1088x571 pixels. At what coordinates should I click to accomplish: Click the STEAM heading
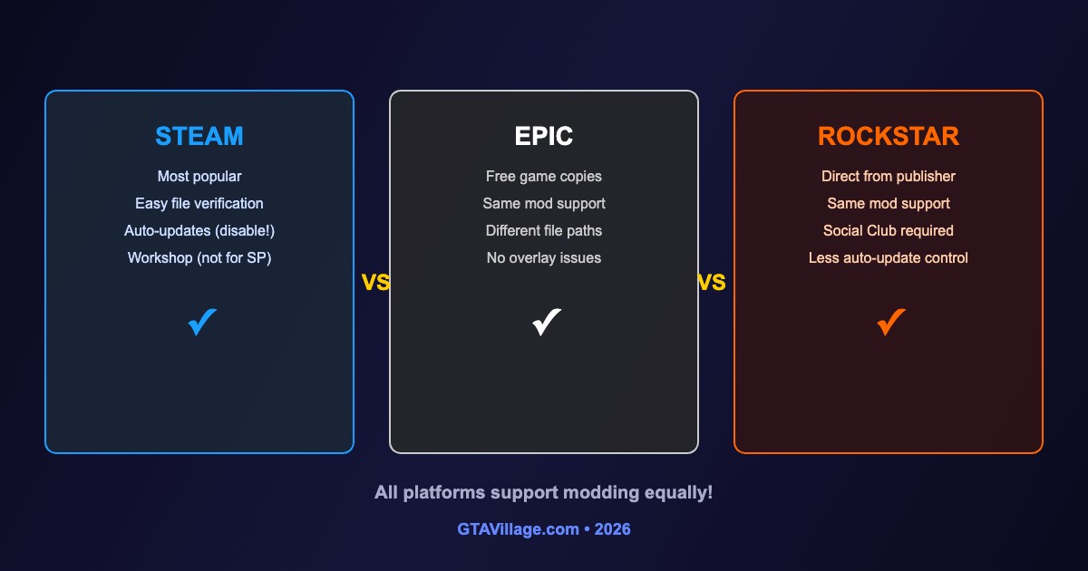tap(199, 136)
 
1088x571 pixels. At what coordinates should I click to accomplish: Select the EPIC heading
tap(543, 136)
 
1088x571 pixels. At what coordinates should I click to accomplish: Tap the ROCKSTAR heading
tap(889, 136)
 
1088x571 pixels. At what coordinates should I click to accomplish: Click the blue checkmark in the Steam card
tap(202, 322)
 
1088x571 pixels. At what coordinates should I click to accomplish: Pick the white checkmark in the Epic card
tap(547, 322)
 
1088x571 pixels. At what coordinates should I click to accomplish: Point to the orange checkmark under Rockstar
tap(890, 322)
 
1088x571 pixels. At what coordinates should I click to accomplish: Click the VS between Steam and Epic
tap(375, 282)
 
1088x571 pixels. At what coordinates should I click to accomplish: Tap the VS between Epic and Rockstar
tap(712, 282)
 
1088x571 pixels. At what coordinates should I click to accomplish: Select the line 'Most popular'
tap(199, 176)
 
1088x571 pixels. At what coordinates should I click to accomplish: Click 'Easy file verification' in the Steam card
tap(199, 203)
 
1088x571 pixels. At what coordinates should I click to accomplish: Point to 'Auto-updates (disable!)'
tap(199, 230)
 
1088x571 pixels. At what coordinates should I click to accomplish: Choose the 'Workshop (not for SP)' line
tap(199, 257)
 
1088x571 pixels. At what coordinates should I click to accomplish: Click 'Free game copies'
tap(543, 176)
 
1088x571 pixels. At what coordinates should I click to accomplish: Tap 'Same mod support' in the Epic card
tap(543, 203)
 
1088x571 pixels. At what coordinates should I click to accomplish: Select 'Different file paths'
tap(543, 230)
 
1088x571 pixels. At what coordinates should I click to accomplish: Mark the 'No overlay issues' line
tap(543, 257)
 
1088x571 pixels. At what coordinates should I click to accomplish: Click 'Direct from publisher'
tap(889, 176)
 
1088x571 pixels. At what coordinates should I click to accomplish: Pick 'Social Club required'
tap(889, 230)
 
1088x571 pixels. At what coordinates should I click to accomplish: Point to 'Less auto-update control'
tap(889, 257)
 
